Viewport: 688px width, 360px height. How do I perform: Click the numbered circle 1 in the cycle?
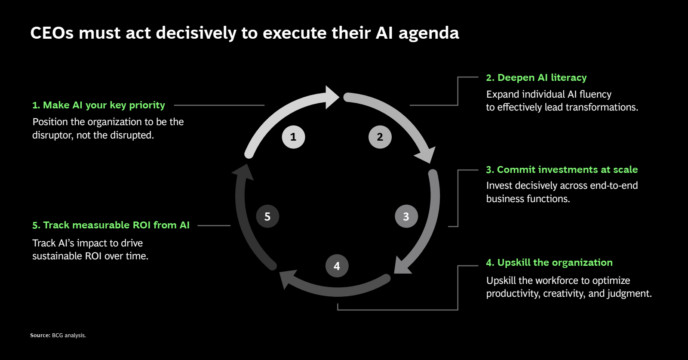[293, 137]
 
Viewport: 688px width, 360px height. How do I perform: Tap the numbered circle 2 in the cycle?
[380, 137]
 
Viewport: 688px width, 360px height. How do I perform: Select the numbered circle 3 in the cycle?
[406, 216]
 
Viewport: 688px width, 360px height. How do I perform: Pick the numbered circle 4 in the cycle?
[337, 266]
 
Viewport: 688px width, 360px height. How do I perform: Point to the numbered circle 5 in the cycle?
[267, 216]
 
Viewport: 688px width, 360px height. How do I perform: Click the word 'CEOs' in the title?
[52, 33]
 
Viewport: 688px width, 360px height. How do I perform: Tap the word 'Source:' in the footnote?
[40, 335]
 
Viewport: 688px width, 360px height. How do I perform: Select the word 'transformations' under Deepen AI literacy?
[606, 107]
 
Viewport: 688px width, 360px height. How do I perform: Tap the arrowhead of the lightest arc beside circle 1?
[332, 97]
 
